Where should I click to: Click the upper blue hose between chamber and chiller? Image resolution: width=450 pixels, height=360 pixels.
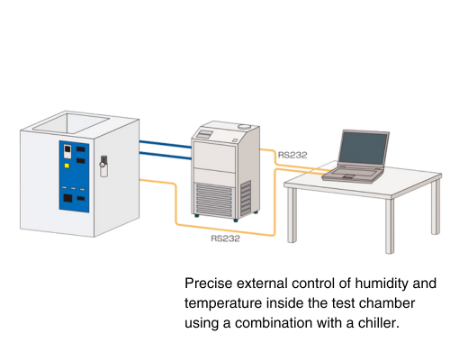(x=166, y=140)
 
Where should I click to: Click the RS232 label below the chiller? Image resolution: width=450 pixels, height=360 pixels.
(x=226, y=238)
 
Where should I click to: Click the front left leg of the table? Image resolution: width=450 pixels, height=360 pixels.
(x=291, y=216)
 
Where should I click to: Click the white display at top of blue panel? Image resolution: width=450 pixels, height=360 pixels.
(x=68, y=149)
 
